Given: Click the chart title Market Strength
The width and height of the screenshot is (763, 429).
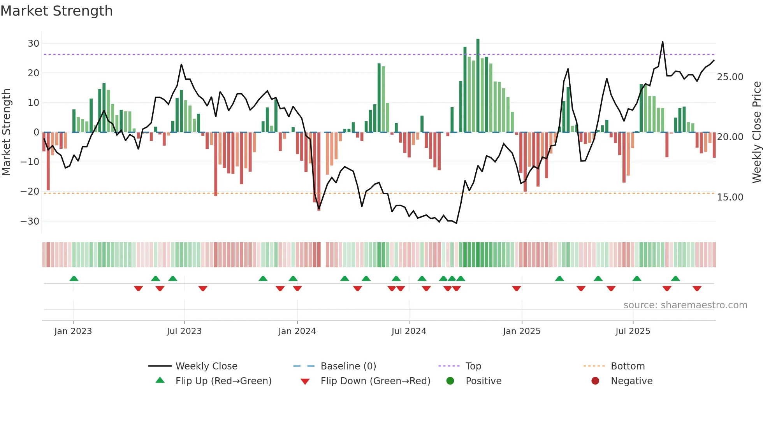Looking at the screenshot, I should [x=56, y=11].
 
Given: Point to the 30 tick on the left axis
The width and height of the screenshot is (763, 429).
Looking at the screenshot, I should [x=33, y=44].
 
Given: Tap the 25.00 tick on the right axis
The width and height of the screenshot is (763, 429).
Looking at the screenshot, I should [x=730, y=77].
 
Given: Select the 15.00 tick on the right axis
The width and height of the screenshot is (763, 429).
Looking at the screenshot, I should [x=730, y=197].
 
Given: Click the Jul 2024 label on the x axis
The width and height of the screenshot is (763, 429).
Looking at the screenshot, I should [x=409, y=331].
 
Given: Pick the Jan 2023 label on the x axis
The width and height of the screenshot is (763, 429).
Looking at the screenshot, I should [x=73, y=331].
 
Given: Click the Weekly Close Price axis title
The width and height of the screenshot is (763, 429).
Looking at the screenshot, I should [x=756, y=132].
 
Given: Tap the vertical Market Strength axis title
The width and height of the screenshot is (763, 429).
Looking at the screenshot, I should [x=7, y=132].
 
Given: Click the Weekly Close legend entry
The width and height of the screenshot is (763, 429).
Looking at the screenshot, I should [x=206, y=366].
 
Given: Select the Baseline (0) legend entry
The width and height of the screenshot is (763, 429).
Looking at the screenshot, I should [x=348, y=366].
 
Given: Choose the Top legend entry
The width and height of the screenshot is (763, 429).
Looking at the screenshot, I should [x=473, y=366].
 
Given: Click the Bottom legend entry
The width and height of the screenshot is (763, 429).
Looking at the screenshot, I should [x=628, y=366].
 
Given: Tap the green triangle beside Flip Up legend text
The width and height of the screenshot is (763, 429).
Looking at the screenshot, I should [x=160, y=380].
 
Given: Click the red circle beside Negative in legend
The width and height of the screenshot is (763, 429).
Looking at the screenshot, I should [x=595, y=381].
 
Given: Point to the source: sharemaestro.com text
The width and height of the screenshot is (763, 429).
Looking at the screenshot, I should [x=685, y=305].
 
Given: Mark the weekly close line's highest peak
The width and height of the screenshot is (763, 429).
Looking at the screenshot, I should [x=663, y=42].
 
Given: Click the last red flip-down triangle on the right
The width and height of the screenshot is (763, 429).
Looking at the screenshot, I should [x=697, y=288].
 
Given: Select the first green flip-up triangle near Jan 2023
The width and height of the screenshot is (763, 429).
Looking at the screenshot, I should [x=74, y=278].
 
